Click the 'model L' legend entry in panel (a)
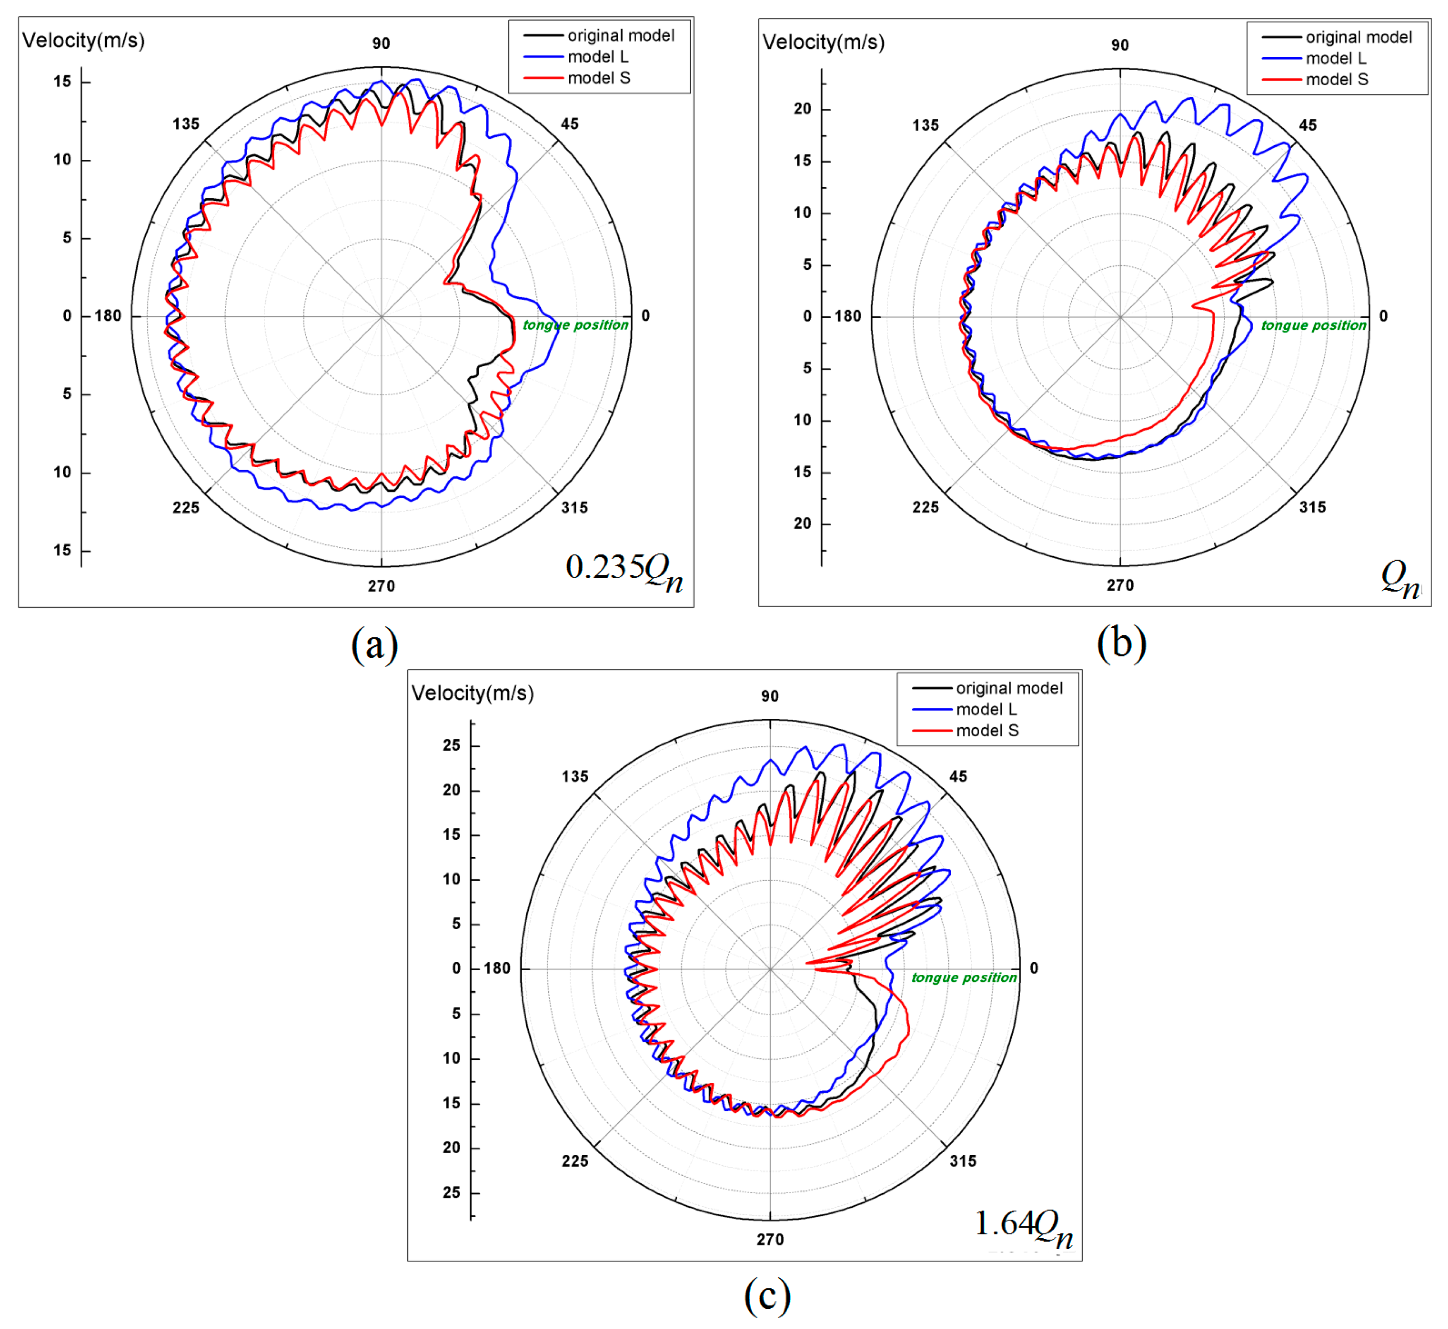597,57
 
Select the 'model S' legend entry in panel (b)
1336,80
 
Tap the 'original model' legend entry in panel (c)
1008,688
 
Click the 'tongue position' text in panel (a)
575,325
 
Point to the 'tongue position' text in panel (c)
964,977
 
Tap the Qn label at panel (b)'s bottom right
1399,579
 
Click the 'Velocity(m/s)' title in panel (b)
823,43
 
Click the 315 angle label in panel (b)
1312,507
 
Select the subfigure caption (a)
374,644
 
